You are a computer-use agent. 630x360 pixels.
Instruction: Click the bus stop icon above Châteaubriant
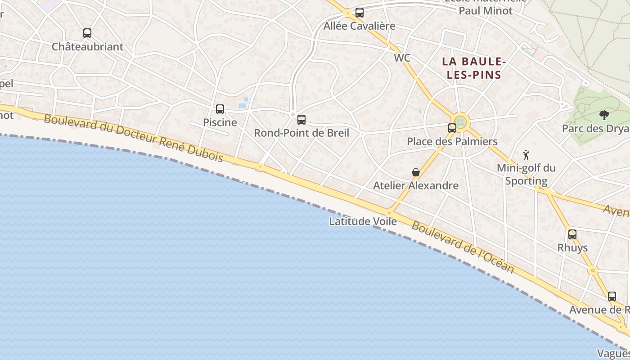(x=87, y=33)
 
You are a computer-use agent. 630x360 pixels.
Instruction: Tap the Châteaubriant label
(x=87, y=47)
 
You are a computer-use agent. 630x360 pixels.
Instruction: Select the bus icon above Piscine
(x=220, y=109)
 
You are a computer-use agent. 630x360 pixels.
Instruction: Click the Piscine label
(x=220, y=122)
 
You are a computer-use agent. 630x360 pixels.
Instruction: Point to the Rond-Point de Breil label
(x=301, y=133)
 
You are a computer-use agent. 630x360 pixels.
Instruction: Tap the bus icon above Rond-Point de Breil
(x=301, y=120)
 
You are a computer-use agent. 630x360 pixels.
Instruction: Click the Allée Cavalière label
(x=359, y=26)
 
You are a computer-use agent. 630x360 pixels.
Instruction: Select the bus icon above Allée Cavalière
(x=359, y=13)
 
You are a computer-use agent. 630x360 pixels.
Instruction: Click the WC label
(x=402, y=58)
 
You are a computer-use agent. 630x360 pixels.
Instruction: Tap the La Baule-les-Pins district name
(x=474, y=68)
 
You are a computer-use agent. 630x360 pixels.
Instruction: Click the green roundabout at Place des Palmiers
(x=460, y=121)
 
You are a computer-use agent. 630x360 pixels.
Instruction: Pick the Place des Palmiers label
(x=452, y=141)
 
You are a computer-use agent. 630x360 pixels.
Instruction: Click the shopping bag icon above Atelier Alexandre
(x=416, y=172)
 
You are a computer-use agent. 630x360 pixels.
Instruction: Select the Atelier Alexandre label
(x=416, y=185)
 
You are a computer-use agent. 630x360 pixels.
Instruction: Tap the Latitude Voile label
(x=363, y=221)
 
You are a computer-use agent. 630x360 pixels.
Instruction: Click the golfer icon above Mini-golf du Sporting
(x=526, y=155)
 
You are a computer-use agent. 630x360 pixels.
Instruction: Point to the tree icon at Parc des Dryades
(x=604, y=115)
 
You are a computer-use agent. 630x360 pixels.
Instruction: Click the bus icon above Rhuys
(x=572, y=234)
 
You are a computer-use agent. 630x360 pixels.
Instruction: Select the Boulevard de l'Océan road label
(x=463, y=247)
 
